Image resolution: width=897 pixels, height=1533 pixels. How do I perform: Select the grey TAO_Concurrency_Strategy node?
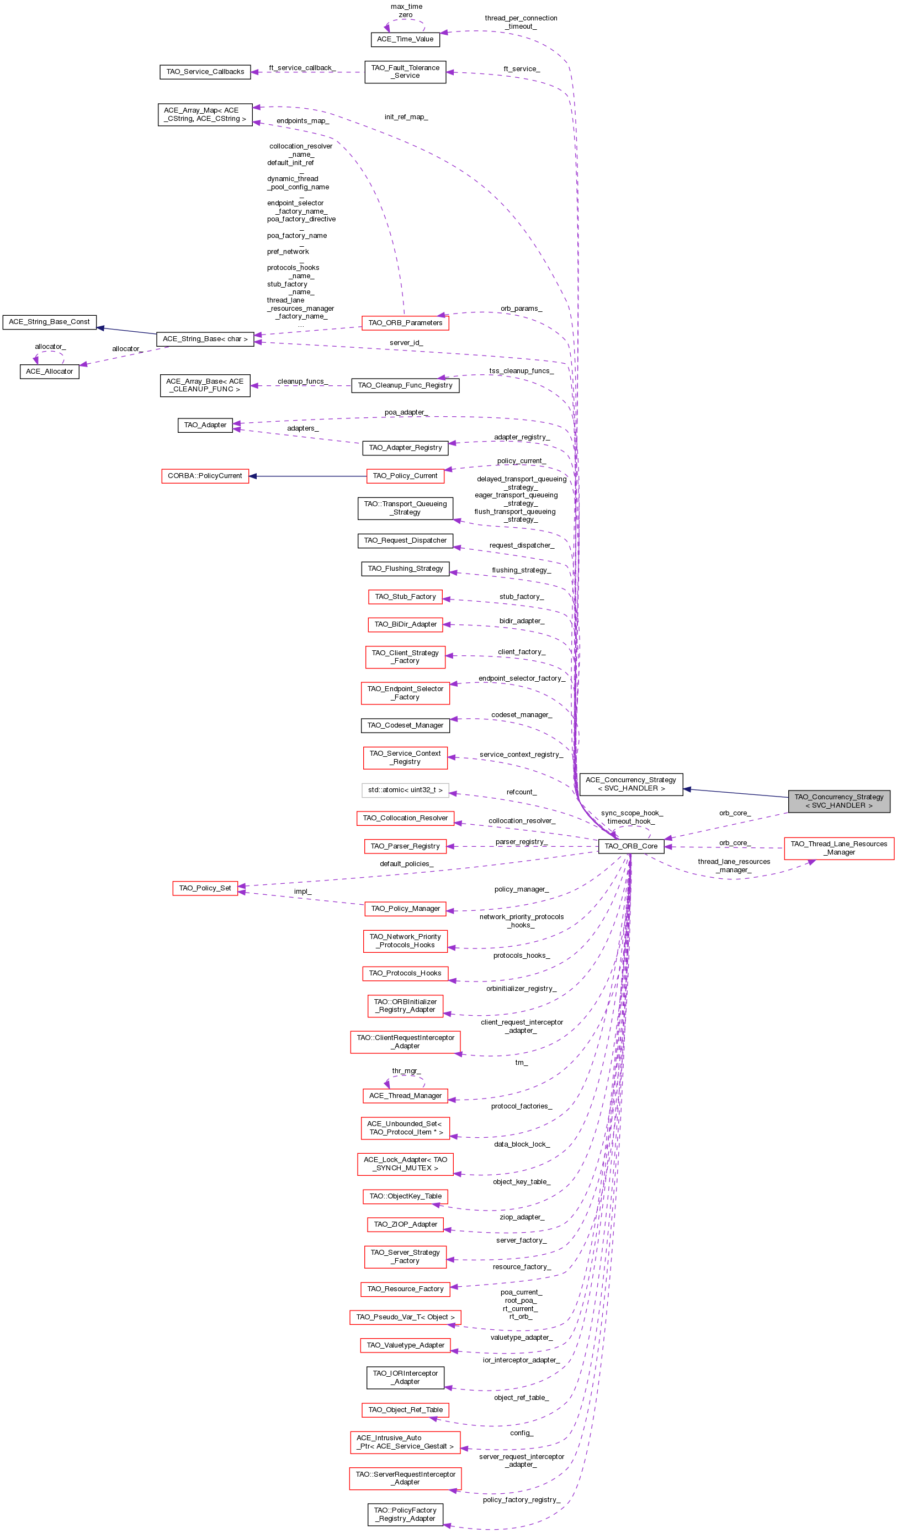click(838, 800)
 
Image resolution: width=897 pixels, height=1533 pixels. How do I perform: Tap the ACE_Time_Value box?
click(405, 39)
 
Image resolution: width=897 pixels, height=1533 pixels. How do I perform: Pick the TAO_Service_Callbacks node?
click(205, 72)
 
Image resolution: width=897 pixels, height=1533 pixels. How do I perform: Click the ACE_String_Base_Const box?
click(49, 322)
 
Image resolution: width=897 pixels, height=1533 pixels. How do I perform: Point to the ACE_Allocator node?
click(49, 371)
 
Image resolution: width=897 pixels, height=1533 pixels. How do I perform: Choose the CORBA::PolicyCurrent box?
click(205, 476)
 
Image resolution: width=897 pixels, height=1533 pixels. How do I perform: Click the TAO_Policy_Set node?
click(205, 888)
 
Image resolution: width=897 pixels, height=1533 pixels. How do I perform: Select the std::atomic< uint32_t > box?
click(405, 789)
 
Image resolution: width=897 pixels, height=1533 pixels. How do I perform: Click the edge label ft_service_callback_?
click(302, 67)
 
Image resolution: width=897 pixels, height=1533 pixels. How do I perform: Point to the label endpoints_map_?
click(303, 120)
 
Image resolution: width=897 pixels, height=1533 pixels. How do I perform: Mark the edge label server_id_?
click(406, 342)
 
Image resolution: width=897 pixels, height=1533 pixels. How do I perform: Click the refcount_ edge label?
click(521, 792)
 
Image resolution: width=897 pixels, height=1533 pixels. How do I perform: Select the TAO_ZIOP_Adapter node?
click(405, 1224)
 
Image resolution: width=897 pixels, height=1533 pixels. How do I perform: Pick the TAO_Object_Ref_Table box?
click(405, 1409)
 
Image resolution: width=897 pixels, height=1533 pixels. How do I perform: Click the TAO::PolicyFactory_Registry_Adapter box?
click(405, 1514)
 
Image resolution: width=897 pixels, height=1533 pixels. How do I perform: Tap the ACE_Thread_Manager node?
click(405, 1096)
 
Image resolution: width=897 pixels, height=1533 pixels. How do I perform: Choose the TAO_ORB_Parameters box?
click(405, 323)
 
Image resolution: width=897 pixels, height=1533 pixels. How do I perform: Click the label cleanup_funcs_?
click(303, 381)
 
